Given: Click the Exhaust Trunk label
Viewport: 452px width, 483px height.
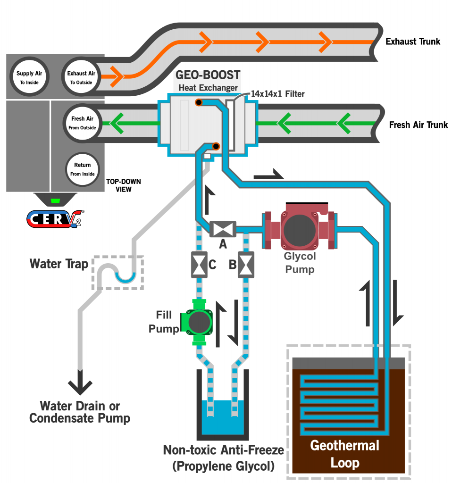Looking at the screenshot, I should coord(412,42).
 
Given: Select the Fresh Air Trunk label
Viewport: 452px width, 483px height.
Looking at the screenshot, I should coord(418,125).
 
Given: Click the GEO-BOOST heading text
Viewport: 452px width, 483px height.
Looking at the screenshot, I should coord(208,75).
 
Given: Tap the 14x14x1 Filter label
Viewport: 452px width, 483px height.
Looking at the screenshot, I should coord(277,94).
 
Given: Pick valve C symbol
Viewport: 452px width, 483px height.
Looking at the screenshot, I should coord(198,265).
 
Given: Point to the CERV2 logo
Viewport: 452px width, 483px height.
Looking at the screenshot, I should coord(55,218).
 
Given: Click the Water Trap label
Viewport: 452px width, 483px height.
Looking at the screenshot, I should coord(59,263).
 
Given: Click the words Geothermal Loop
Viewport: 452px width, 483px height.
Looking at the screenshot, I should coord(344,453).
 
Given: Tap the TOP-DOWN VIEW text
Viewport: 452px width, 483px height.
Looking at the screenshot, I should coord(124,185).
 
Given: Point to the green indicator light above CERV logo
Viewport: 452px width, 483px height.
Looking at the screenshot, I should coord(55,201).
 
